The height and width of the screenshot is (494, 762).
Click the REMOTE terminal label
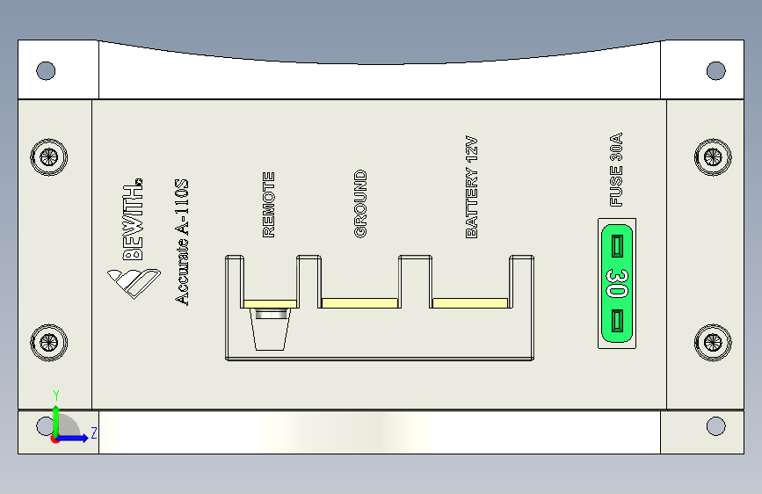(269, 205)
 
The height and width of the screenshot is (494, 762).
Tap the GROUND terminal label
(360, 204)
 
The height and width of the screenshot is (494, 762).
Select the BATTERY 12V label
(471, 187)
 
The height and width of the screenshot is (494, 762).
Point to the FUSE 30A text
(616, 170)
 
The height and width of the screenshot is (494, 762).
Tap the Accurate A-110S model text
(182, 242)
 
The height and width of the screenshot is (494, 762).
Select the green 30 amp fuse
(617, 283)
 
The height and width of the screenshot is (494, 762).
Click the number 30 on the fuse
(616, 283)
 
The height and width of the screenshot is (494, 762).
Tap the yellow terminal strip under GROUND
(360, 303)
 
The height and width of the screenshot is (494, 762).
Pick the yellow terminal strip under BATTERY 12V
(470, 303)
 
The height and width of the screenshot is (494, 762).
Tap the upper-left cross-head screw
(48, 157)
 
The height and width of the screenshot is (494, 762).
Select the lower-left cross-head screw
(48, 342)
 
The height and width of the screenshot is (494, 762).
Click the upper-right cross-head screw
(712, 157)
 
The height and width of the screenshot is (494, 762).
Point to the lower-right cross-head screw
(712, 342)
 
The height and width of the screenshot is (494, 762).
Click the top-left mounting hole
(46, 70)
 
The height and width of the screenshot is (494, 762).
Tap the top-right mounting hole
(716, 70)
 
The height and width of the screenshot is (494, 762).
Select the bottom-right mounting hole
(716, 427)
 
